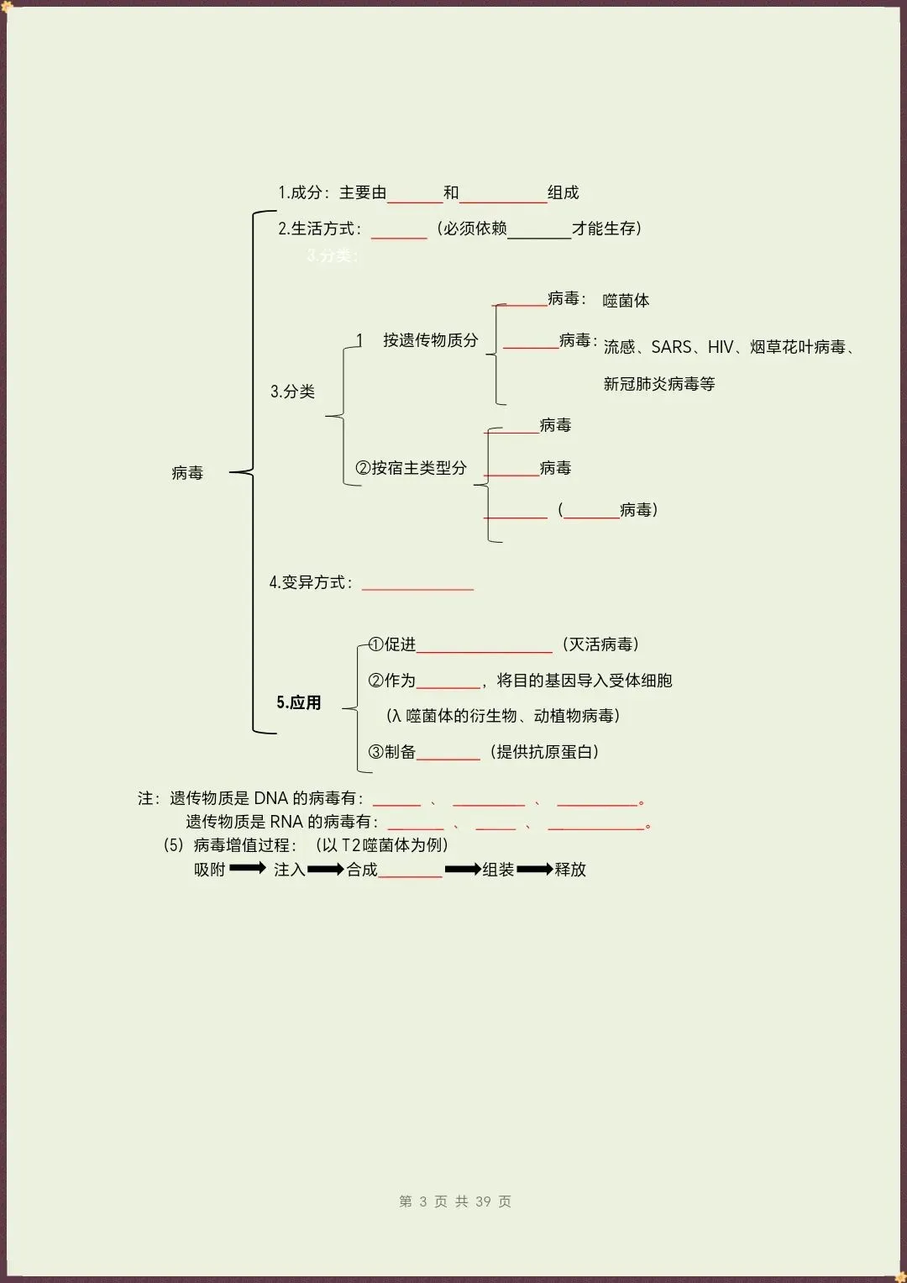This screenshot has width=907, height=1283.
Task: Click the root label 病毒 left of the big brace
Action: [187, 472]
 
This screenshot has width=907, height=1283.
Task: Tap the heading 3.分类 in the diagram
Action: [292, 392]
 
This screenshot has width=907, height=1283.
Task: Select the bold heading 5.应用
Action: [298, 702]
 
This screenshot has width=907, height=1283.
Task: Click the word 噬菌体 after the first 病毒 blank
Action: [626, 300]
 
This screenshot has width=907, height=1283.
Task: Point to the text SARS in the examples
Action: [671, 346]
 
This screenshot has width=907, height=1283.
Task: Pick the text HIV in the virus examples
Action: [721, 346]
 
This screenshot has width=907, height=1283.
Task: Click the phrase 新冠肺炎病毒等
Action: [659, 383]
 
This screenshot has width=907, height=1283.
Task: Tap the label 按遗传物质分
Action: [431, 339]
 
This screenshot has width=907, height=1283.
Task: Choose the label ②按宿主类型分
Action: [412, 467]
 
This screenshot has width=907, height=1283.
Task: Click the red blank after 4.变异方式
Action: [417, 589]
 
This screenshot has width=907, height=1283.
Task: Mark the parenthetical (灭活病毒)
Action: [600, 644]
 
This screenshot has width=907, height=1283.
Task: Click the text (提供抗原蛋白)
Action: [544, 751]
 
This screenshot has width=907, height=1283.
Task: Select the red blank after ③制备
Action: [448, 759]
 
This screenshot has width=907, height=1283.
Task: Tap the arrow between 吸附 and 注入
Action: [248, 868]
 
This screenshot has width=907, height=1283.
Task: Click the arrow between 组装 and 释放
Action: [535, 869]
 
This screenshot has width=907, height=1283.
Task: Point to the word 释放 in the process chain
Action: [570, 869]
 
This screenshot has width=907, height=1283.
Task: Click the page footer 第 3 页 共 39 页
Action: [454, 1201]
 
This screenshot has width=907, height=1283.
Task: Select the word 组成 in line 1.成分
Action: [564, 192]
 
